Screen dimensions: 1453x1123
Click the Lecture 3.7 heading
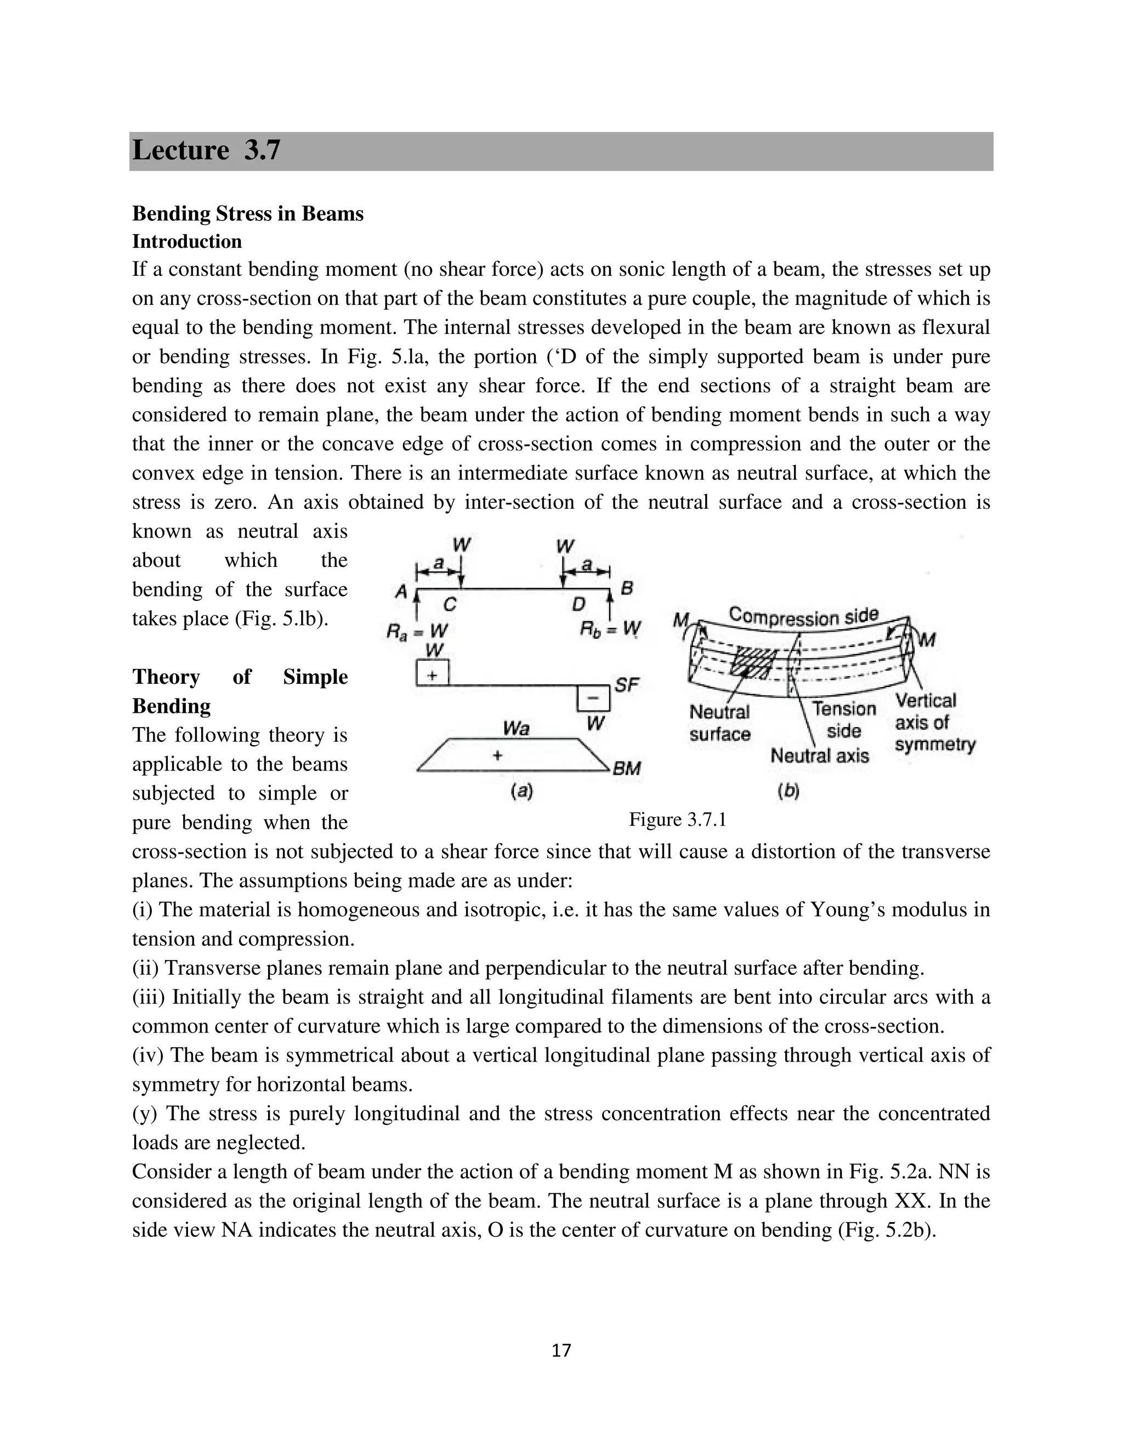tap(206, 150)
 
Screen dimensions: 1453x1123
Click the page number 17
tap(561, 1350)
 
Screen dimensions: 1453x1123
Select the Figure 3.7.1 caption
tap(677, 820)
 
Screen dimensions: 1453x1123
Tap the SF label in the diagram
tap(627, 685)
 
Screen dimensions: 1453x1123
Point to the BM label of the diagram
tap(626, 768)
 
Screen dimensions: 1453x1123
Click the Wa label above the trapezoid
tap(516, 729)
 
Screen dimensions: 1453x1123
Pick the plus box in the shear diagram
tap(433, 673)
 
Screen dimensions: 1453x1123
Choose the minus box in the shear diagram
tap(593, 698)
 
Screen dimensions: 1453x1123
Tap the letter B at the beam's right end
tap(627, 588)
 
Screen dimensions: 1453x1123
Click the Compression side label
tap(804, 616)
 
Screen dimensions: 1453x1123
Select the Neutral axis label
tap(820, 756)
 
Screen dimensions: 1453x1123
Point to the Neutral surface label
tap(720, 723)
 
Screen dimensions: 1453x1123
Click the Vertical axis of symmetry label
tap(934, 723)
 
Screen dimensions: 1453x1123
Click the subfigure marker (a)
tap(521, 791)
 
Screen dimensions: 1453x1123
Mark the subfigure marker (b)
tap(788, 791)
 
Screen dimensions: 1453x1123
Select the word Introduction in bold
tap(187, 241)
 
